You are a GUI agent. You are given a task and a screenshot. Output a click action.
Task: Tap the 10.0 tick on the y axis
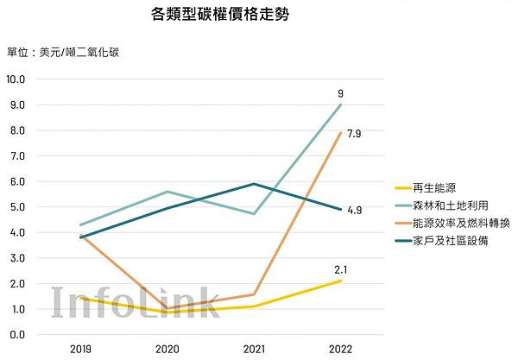click(x=16, y=79)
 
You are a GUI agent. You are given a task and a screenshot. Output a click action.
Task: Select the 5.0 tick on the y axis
click(x=16, y=206)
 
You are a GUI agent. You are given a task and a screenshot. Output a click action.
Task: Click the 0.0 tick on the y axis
click(x=16, y=334)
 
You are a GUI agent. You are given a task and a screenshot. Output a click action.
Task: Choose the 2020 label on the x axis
click(x=167, y=348)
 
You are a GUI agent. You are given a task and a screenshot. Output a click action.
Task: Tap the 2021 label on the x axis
click(x=254, y=348)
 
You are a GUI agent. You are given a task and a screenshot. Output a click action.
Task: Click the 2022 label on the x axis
click(x=340, y=348)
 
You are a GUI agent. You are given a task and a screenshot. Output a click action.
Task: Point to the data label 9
click(x=341, y=92)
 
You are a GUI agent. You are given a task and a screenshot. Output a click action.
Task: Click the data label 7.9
click(x=352, y=133)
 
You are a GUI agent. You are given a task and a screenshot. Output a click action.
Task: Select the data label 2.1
click(x=341, y=269)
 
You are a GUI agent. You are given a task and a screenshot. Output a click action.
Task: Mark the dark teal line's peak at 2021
click(x=254, y=184)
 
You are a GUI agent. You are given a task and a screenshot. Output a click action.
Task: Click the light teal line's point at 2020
click(x=167, y=192)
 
